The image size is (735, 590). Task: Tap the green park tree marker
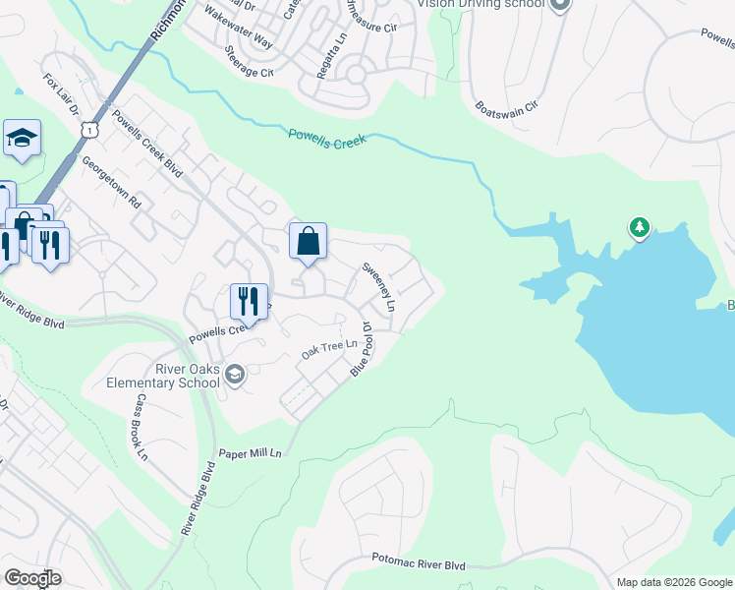640,228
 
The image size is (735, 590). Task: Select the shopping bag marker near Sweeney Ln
308,241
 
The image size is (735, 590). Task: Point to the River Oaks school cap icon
234,374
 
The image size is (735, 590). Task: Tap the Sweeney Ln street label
378,286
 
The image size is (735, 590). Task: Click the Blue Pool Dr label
361,349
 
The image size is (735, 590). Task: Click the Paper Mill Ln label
250,453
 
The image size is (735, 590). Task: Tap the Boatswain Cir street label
507,104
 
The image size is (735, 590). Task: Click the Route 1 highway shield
89,129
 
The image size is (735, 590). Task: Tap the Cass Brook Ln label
141,428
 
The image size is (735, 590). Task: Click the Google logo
32,577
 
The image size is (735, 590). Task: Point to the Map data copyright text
674,582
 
